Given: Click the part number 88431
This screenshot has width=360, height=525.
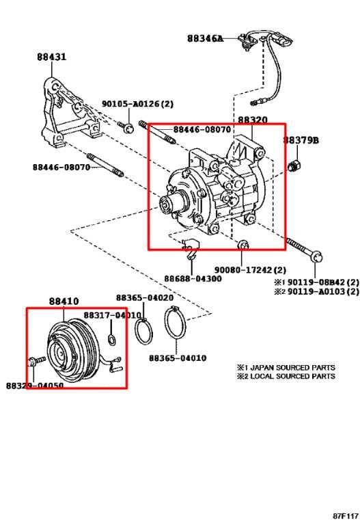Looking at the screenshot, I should tap(51, 57).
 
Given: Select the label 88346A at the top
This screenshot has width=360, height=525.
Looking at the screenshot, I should tap(204, 39).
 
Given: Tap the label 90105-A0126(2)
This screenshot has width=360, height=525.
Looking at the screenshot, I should tap(138, 104).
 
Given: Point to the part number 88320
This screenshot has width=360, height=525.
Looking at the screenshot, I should tap(252, 120).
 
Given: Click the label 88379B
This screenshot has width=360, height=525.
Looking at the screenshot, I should tap(301, 139).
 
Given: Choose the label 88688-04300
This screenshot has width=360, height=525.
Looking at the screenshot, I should tap(192, 278).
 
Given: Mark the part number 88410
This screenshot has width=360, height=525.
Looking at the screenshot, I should tap(63, 301).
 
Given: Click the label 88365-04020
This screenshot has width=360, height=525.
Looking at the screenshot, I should tap(143, 297).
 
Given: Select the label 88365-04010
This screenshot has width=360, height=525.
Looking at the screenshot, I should tap(178, 358).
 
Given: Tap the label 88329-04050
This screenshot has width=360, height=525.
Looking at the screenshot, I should tap(34, 386).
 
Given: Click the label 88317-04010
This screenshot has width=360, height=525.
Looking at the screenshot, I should tap(112, 315).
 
